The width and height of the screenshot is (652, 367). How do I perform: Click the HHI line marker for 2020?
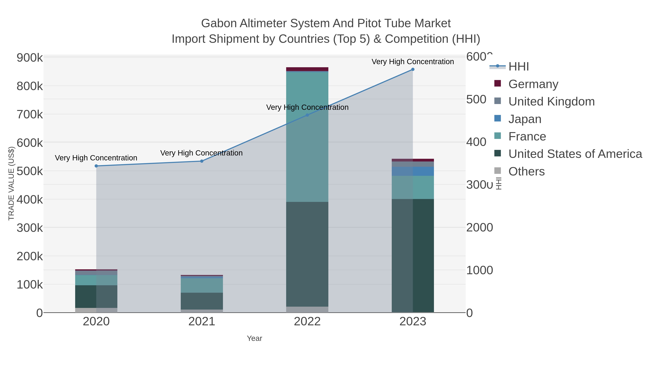point(96,166)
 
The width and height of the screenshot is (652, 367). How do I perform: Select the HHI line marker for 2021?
point(202,161)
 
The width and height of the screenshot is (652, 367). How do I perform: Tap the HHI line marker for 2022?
point(307,115)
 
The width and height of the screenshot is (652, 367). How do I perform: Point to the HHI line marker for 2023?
point(413,69)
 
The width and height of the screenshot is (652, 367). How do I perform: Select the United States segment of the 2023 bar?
point(413,256)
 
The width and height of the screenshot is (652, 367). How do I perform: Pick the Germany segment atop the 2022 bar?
point(307,69)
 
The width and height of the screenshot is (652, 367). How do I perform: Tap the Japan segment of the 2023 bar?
point(413,171)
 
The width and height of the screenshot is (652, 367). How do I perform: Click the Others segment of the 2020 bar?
point(96,310)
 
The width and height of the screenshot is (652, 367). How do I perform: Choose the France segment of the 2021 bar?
point(202,285)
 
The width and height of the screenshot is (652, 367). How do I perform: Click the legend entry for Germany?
point(533,84)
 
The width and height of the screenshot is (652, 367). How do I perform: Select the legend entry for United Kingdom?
point(551,101)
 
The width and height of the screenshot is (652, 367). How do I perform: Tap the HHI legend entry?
point(518,67)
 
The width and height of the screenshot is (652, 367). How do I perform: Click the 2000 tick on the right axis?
point(479,227)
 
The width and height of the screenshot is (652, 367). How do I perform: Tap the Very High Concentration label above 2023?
point(413,62)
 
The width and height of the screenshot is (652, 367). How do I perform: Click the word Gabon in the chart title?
point(219,23)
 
